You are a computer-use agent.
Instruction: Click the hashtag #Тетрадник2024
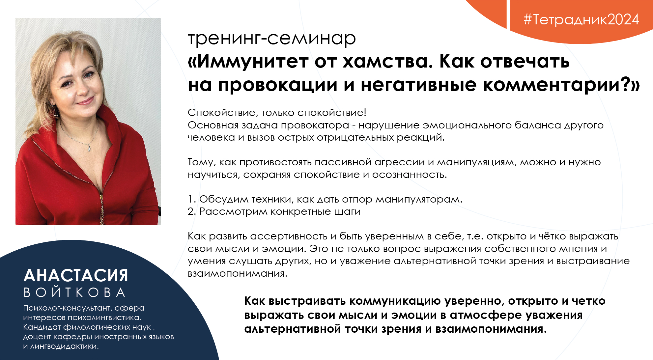(581, 19)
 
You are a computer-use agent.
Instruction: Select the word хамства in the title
(387, 62)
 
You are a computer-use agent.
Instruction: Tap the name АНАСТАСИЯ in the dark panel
(76, 275)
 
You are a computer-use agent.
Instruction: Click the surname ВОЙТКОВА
(74, 292)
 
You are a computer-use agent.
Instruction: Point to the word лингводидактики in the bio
(65, 346)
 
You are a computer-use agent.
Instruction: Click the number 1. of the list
(192, 199)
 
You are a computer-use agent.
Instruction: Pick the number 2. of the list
(192, 211)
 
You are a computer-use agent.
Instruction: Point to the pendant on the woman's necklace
(89, 148)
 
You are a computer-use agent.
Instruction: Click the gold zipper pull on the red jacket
(102, 200)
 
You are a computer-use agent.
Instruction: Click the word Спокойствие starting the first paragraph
(223, 113)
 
